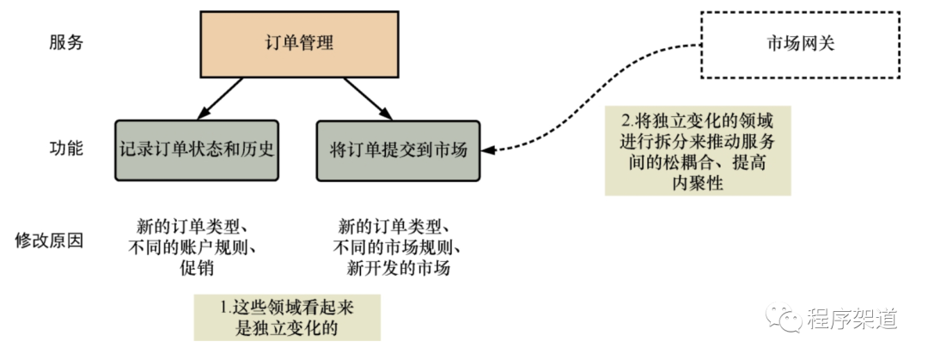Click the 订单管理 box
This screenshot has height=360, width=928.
[x=299, y=42]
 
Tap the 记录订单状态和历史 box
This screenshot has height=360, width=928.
[x=198, y=149]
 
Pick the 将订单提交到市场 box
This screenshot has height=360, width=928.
[x=398, y=150]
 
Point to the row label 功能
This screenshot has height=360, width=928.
[x=65, y=149]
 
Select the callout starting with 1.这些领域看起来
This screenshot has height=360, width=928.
[x=286, y=318]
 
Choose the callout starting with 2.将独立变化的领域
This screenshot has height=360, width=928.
[x=697, y=150]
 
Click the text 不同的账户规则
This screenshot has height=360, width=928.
[x=195, y=248]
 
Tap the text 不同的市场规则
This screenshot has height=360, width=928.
[x=397, y=248]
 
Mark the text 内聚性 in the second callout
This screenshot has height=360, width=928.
[x=698, y=183]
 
